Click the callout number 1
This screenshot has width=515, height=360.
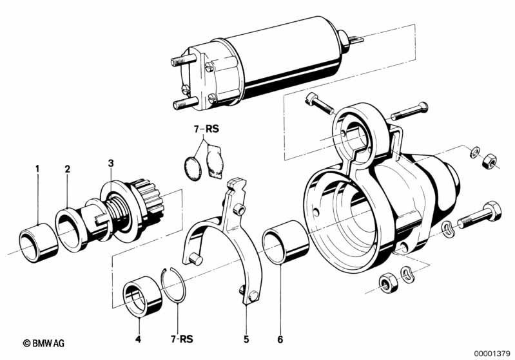37,169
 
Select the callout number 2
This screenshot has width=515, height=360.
67,169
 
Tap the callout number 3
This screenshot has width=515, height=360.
111,163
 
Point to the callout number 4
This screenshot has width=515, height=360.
139,339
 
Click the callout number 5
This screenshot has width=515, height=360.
246,339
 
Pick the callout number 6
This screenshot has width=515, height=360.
280,339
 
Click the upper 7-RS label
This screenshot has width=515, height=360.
206,129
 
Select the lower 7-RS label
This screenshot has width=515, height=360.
182,339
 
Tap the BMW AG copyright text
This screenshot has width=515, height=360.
44,343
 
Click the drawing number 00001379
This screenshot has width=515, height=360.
492,354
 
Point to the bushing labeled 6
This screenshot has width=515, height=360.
286,242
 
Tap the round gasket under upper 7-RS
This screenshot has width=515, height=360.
193,168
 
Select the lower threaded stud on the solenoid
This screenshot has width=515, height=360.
184,104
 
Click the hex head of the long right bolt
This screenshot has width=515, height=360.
492,210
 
